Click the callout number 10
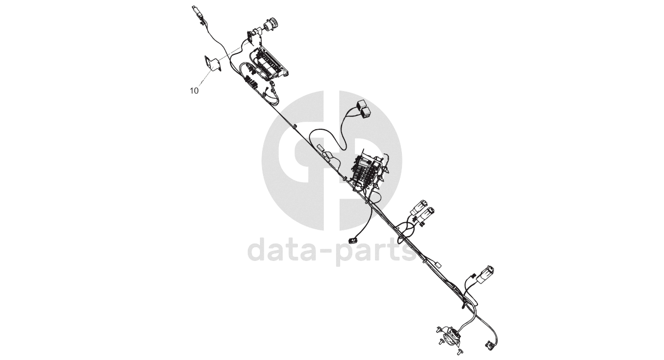pyautogui.click(x=194, y=91)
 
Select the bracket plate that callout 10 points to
pyautogui.click(x=212, y=64)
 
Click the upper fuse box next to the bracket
pyautogui.click(x=272, y=63)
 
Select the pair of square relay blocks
pyautogui.click(x=363, y=108)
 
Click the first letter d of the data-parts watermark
pyautogui.click(x=259, y=250)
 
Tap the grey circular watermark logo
pyautogui.click(x=332, y=161)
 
